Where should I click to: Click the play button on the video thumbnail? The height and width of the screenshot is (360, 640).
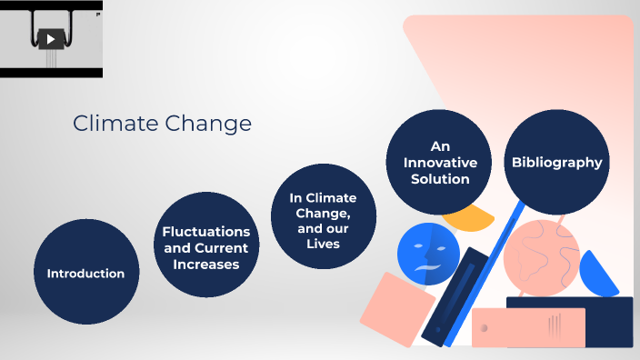point(52,38)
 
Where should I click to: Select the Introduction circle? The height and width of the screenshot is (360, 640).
point(85,272)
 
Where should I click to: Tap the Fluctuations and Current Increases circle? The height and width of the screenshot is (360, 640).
point(205,245)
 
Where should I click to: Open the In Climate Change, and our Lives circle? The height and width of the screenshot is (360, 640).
point(323,216)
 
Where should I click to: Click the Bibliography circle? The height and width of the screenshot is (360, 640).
point(556,163)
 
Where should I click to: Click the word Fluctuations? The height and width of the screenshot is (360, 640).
point(205,232)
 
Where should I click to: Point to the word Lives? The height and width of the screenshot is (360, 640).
point(323,243)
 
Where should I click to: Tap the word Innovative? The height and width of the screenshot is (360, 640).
point(441,163)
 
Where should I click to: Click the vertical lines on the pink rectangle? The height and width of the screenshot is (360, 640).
point(554,324)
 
